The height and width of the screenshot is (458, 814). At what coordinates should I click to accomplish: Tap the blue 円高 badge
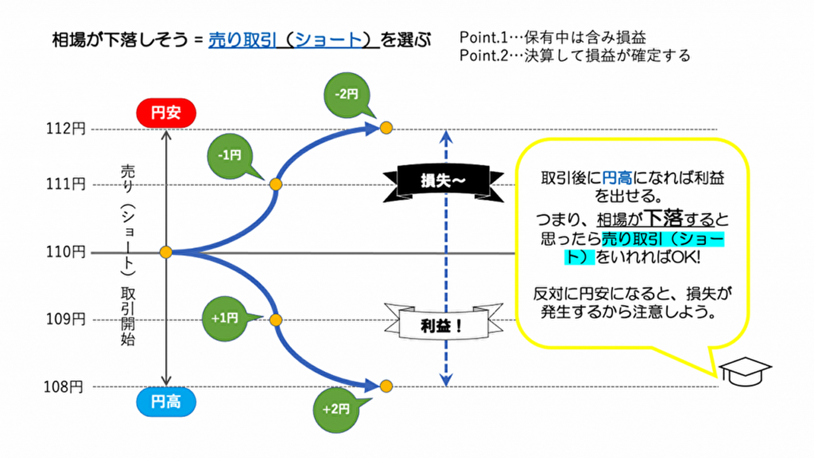[166, 402]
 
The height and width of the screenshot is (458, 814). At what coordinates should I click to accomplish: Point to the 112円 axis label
[68, 129]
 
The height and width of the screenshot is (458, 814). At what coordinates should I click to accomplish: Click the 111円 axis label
[68, 184]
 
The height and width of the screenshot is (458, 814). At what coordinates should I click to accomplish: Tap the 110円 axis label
[68, 252]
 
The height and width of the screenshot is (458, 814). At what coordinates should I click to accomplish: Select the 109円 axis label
[68, 320]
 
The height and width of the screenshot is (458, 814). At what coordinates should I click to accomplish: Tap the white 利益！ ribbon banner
[442, 323]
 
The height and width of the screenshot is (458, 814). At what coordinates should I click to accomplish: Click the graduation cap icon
[745, 371]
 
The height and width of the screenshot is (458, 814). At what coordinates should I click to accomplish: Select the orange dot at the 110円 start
[166, 252]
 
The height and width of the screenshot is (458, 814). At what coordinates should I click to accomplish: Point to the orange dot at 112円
[386, 127]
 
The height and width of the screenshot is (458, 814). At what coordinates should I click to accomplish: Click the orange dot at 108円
[386, 386]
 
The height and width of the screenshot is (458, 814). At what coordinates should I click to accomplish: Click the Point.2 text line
[575, 56]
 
